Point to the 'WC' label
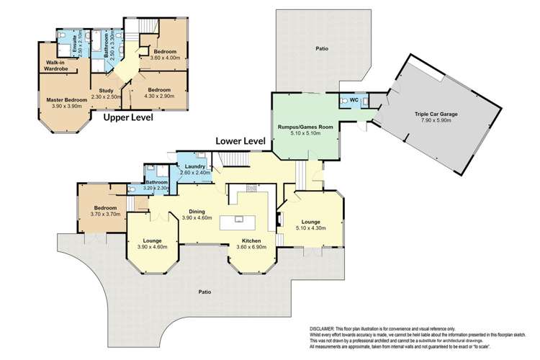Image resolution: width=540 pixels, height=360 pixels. coord(354,100)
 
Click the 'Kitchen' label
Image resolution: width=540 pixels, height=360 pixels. coord(251,240)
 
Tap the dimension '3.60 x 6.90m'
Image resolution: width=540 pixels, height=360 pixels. coord(251,247)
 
